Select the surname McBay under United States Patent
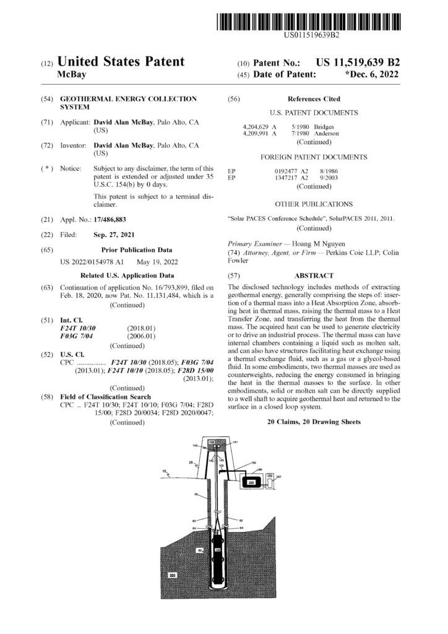coord(71,74)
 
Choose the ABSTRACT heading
coord(314,275)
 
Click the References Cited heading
coord(314,99)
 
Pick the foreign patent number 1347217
coord(286,178)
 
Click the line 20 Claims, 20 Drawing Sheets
coord(314,421)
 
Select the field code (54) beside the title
coord(46,99)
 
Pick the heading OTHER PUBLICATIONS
coord(314,203)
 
